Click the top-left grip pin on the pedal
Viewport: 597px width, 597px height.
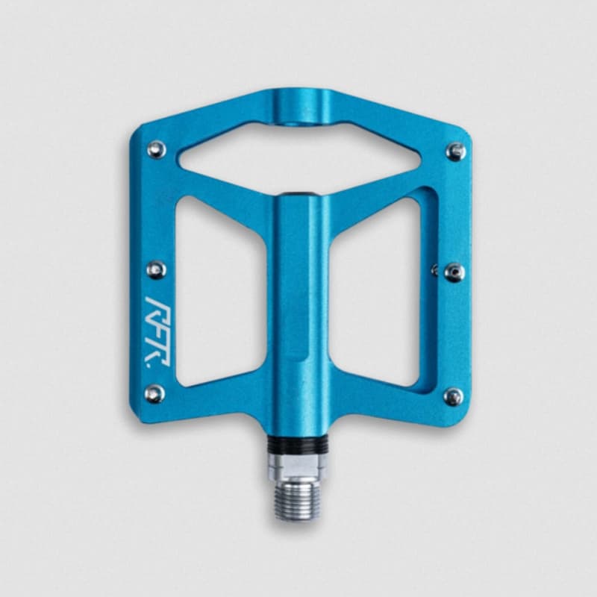pyautogui.click(x=157, y=149)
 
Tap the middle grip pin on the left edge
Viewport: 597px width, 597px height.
pyautogui.click(x=156, y=270)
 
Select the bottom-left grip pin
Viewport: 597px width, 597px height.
pyautogui.click(x=155, y=394)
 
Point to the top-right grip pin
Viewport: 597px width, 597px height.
pyautogui.click(x=456, y=151)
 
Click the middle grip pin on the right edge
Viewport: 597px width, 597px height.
pyautogui.click(x=454, y=272)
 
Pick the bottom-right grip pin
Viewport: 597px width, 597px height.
pyautogui.click(x=454, y=397)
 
